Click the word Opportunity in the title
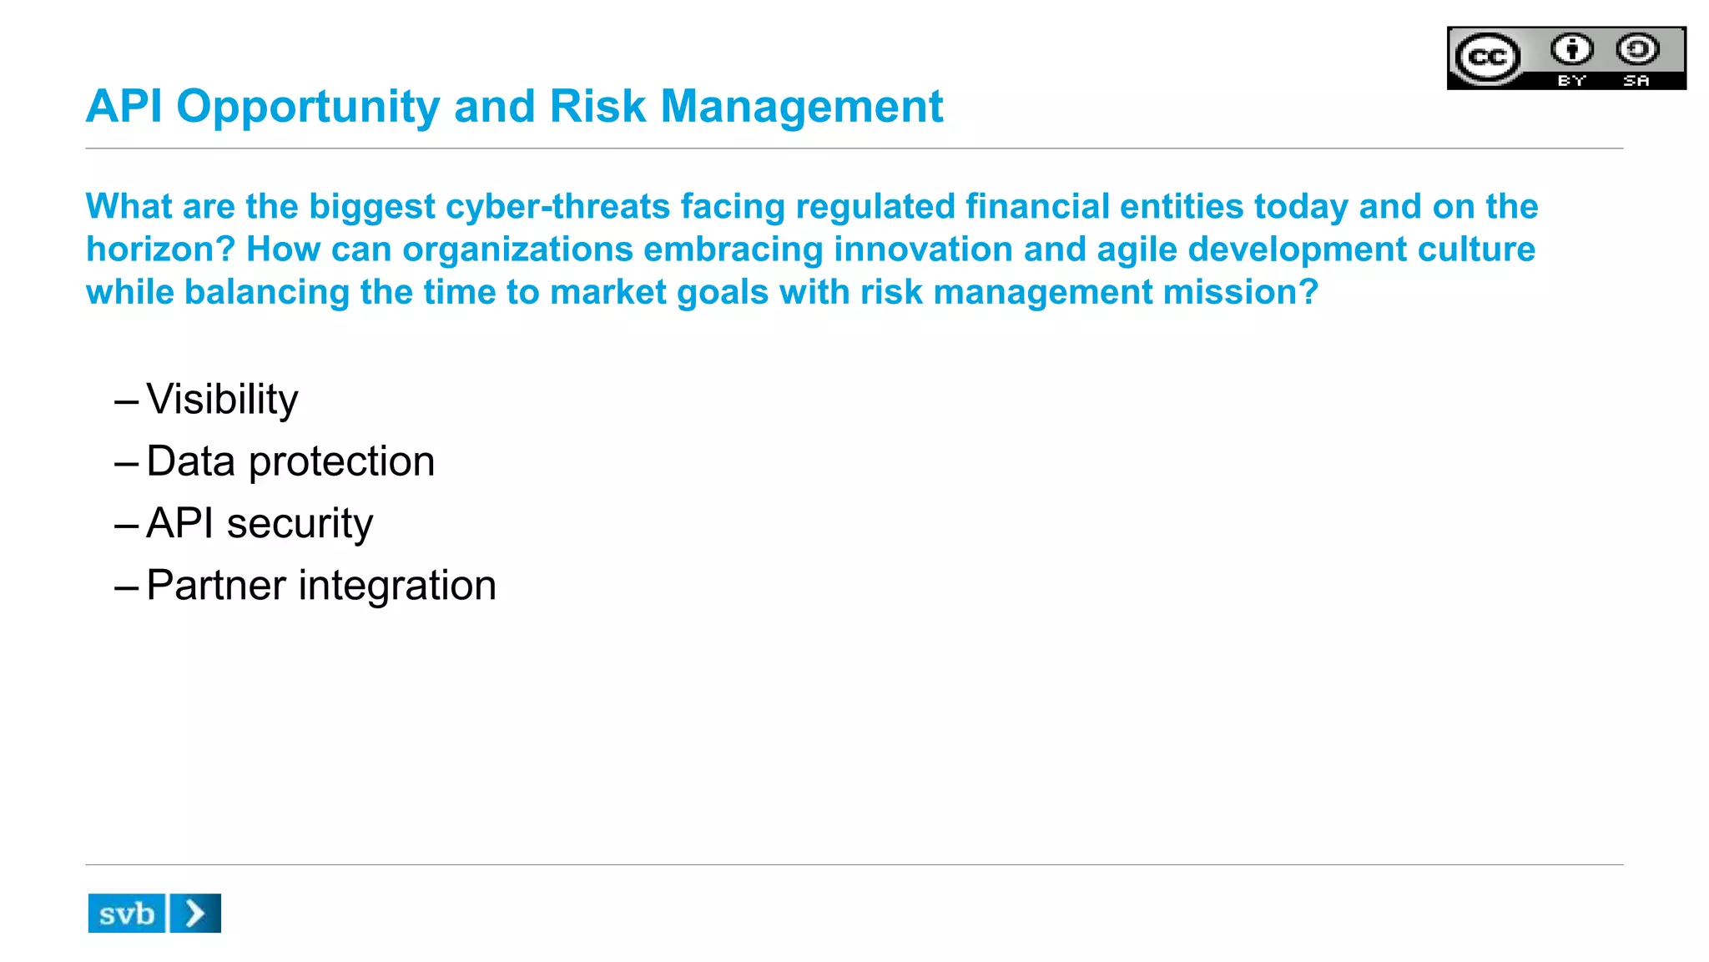tap(307, 108)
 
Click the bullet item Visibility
tap(222, 400)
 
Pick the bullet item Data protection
tap(290, 461)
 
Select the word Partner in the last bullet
tap(216, 585)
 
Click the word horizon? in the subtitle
tap(160, 249)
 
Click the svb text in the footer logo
tap(127, 914)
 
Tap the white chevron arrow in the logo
tap(195, 914)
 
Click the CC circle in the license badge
tap(1487, 58)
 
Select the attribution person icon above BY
tap(1572, 49)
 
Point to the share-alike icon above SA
tap(1637, 49)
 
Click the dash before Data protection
tap(126, 464)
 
